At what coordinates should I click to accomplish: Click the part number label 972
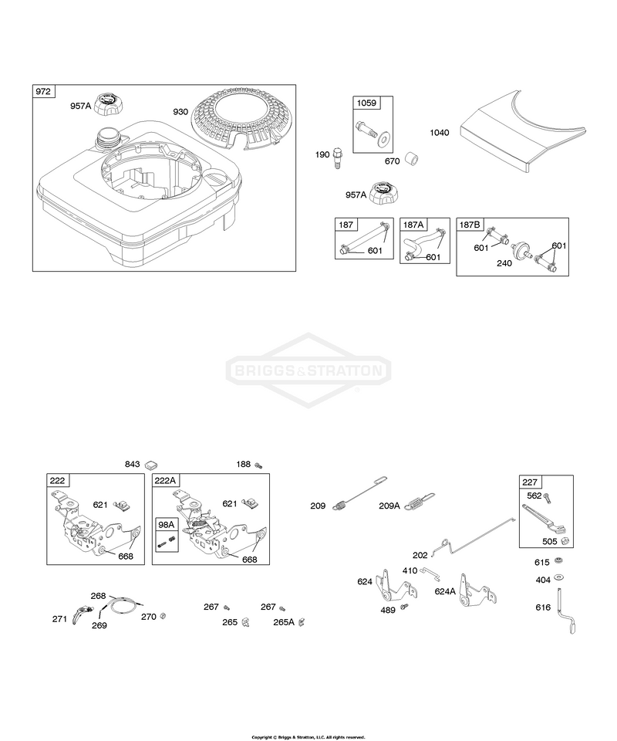pos(43,91)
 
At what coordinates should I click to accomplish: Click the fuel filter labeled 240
pos(521,249)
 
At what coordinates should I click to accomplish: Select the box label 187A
pos(413,225)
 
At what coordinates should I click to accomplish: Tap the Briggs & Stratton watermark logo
pos(308,370)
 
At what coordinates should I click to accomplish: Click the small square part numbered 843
pos(151,464)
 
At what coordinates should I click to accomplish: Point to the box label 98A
pos(165,524)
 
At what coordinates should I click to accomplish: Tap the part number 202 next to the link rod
pos(420,555)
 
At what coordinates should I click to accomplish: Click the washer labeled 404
pos(561,577)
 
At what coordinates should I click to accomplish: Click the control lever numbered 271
pos(81,614)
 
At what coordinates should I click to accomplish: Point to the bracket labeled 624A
pos(475,591)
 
